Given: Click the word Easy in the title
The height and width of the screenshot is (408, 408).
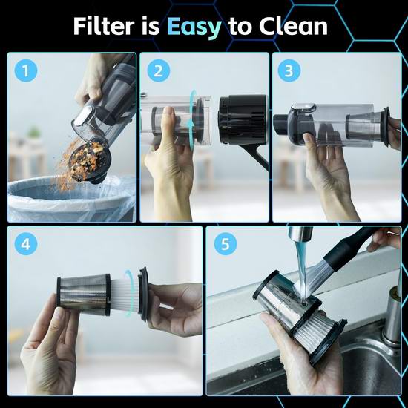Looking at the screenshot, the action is pos(194,27).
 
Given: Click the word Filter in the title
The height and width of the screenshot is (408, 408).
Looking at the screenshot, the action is pos(104,26).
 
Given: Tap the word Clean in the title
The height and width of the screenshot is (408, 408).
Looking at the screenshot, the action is pos(293,26).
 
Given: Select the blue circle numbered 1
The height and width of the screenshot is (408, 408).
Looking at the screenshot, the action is pos(26,70).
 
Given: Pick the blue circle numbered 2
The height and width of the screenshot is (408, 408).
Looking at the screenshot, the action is pos(159,70).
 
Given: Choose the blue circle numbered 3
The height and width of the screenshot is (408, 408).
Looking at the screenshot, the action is pos(289,70).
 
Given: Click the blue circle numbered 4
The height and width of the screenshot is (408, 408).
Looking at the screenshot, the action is pos(26,244).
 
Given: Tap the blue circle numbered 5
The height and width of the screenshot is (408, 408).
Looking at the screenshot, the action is pos(226,244).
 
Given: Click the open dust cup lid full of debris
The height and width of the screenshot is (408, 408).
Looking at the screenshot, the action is pos(89,161).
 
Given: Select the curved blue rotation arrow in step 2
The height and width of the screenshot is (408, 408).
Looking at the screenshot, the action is pos(192,119).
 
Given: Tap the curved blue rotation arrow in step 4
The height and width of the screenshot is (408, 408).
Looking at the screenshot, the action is pos(129,293).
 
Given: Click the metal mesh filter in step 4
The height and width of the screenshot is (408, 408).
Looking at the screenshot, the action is pos(83,295).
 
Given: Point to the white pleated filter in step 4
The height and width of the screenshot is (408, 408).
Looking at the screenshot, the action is pos(124,295).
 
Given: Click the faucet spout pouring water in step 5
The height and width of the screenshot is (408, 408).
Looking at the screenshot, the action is pos(300,234).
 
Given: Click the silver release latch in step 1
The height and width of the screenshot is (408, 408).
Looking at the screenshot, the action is pos(85,115).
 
